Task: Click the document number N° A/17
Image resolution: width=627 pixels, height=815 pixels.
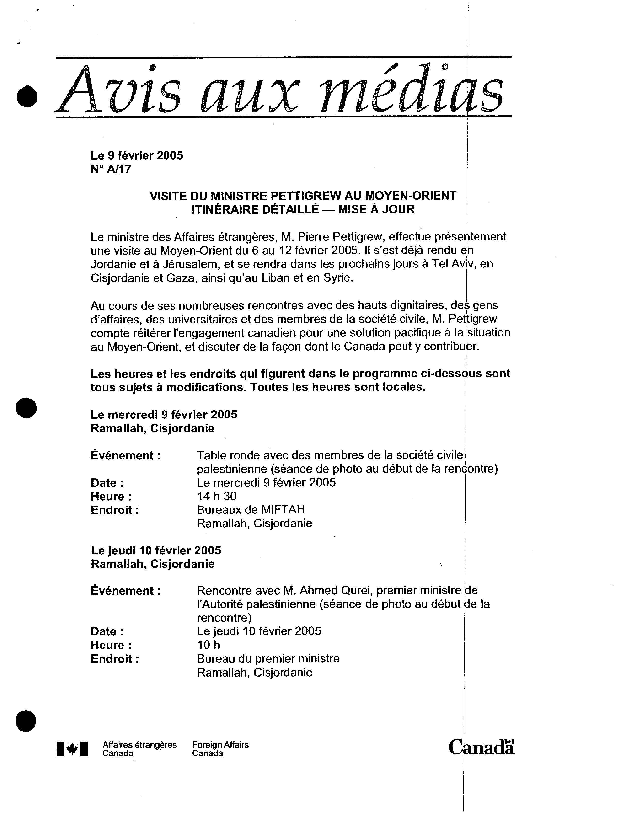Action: tap(111, 169)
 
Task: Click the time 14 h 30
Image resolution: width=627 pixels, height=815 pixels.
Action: tap(217, 496)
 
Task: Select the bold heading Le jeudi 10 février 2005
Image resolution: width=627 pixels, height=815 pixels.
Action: tap(156, 550)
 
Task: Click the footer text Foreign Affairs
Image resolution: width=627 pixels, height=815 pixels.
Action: tap(220, 745)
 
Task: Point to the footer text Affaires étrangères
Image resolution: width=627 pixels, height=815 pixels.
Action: tap(139, 745)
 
